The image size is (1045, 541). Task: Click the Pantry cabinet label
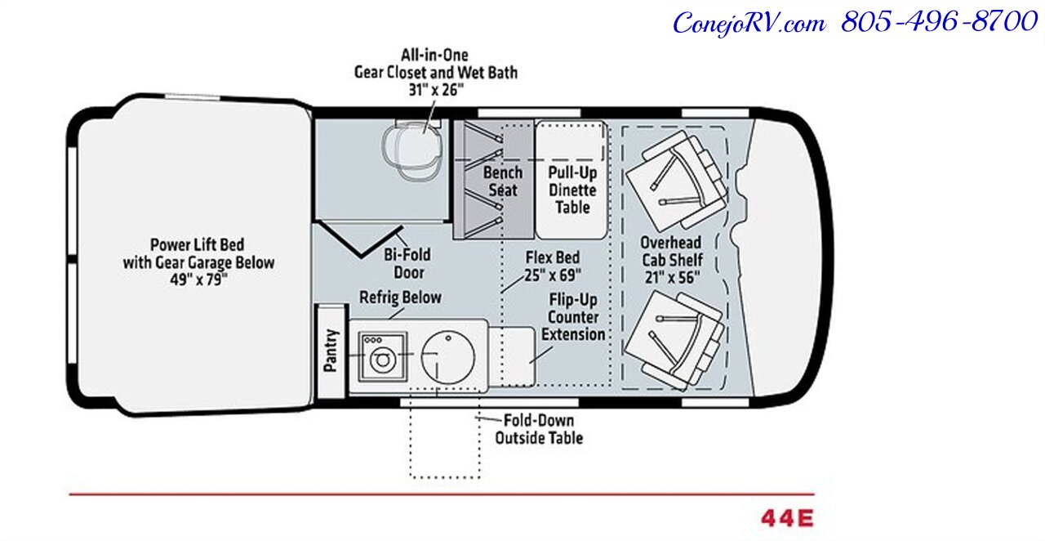point(331,351)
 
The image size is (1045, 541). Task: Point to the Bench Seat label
point(502,181)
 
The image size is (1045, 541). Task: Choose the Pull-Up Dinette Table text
point(572,190)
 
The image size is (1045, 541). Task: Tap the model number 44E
point(787,518)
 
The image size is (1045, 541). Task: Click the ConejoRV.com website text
point(749,23)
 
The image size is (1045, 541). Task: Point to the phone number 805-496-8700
point(939,22)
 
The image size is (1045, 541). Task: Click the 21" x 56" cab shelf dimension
point(670,277)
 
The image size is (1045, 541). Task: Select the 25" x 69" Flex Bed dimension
point(552,275)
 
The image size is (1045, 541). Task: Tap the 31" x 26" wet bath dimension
point(435,90)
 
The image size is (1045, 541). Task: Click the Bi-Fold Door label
point(407,262)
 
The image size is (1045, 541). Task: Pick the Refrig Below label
point(400,297)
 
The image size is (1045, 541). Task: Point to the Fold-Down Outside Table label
point(539,429)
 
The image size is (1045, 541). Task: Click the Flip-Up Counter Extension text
point(573,317)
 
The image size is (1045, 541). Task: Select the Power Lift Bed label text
point(197,244)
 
